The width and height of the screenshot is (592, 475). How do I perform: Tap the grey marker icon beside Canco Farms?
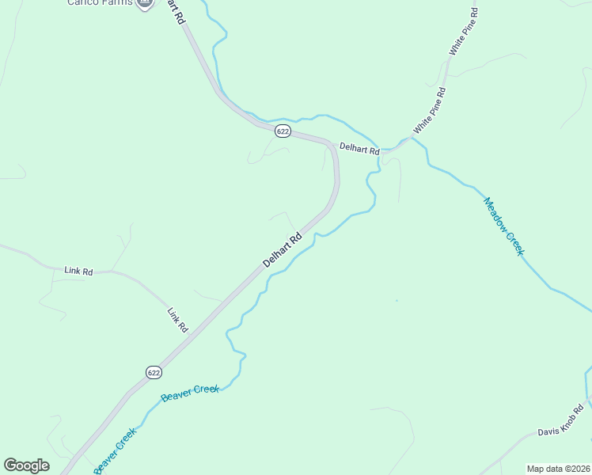[144, 2]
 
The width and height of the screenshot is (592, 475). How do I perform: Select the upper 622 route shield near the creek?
[283, 130]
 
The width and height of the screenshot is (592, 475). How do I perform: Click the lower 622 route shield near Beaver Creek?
[154, 371]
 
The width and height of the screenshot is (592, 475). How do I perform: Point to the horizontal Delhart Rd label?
[359, 148]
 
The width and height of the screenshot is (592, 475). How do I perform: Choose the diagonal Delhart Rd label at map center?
[283, 249]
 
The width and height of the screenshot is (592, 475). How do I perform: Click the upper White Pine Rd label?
[464, 32]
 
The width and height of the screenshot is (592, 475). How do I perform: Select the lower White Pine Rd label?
[430, 111]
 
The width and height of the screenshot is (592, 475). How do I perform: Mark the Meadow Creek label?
[504, 226]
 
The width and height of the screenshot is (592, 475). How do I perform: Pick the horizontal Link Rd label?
[78, 271]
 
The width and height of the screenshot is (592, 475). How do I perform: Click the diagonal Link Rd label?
[177, 319]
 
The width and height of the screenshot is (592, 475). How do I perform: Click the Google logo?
[26, 465]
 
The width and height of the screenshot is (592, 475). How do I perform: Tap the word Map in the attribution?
[535, 468]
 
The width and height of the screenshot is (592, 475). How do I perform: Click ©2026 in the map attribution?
[575, 468]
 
